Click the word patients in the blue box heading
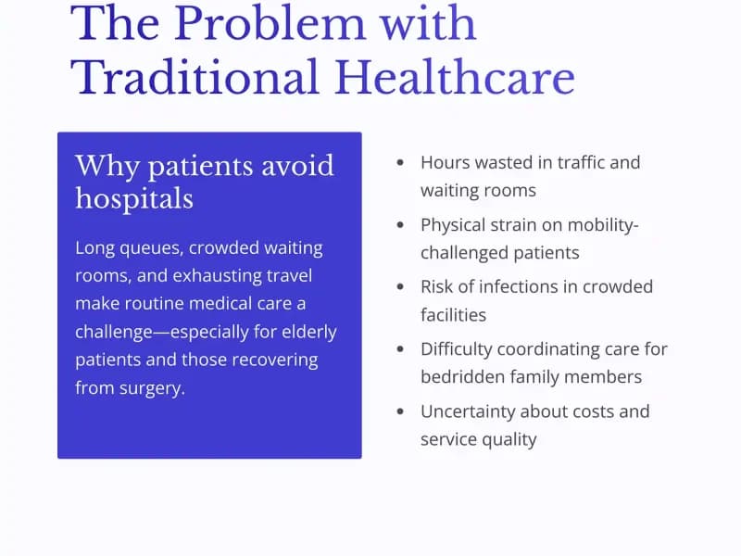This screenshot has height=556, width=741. pyautogui.click(x=202, y=166)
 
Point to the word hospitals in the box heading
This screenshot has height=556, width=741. pyautogui.click(x=134, y=197)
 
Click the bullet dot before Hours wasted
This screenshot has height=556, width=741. pyautogui.click(x=400, y=162)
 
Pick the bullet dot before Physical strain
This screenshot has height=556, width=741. pyautogui.click(x=400, y=224)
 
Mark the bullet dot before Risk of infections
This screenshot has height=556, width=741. pyautogui.click(x=400, y=286)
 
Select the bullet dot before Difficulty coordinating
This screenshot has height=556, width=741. pyautogui.click(x=400, y=349)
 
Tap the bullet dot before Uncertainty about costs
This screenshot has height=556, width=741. pyautogui.click(x=400, y=411)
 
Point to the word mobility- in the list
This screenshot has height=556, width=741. pyautogui.click(x=602, y=224)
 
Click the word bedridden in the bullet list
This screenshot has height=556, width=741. pyautogui.click(x=462, y=377)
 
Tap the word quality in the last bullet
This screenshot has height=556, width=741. pyautogui.click(x=508, y=439)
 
